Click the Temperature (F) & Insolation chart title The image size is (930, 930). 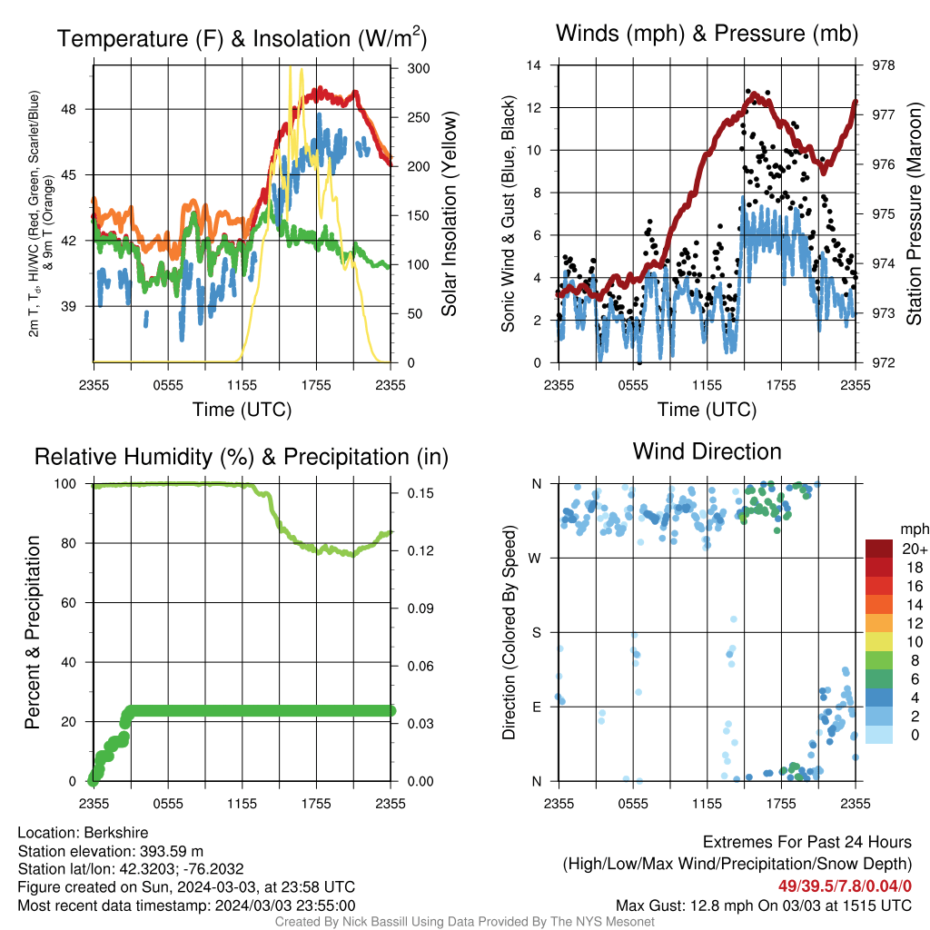[x=242, y=38]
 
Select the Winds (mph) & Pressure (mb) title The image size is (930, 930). [x=707, y=34]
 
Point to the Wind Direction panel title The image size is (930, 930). [x=707, y=451]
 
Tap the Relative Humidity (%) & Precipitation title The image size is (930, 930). [x=242, y=458]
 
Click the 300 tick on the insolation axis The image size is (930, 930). [x=419, y=68]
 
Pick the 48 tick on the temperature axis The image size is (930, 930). [x=68, y=110]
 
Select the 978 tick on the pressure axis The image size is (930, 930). [x=884, y=65]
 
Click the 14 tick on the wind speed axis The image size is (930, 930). [x=534, y=65]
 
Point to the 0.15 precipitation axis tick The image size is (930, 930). [x=420, y=493]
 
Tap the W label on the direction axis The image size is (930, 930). [x=535, y=559]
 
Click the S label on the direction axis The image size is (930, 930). [x=536, y=633]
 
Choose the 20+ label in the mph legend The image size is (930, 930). [x=915, y=549]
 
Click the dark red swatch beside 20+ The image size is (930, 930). [x=879, y=549]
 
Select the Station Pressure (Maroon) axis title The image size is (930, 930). [x=914, y=213]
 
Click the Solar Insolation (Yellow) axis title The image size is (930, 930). [x=449, y=213]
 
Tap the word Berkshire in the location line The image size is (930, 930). [x=115, y=833]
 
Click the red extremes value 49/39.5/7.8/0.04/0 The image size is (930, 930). [x=845, y=886]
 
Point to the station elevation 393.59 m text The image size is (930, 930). [x=172, y=851]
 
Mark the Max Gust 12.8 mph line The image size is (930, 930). [x=763, y=905]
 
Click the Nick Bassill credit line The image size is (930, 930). [x=464, y=922]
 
